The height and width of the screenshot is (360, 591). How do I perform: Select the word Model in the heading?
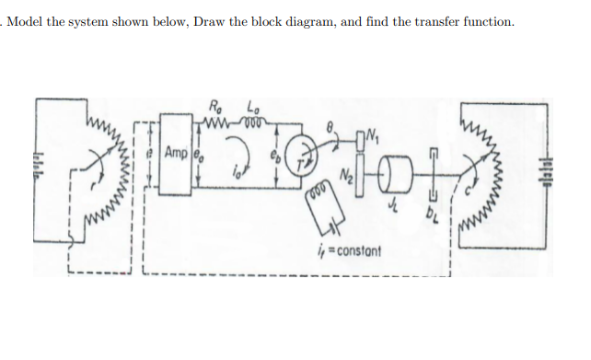(29, 21)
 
